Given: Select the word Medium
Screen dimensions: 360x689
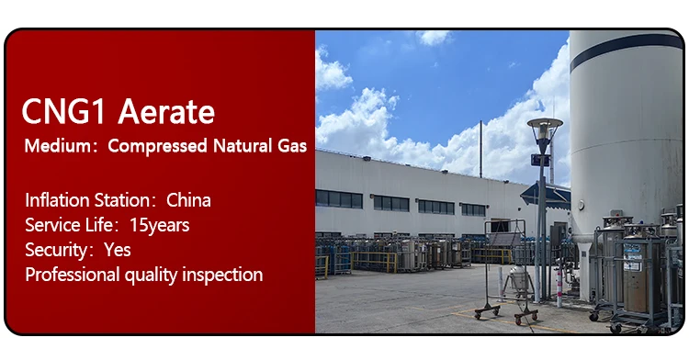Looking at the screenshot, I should pyautogui.click(x=55, y=146).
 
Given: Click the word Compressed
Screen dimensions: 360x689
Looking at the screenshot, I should pyautogui.click(x=156, y=146).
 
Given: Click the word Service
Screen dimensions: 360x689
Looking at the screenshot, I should pyautogui.click(x=51, y=225).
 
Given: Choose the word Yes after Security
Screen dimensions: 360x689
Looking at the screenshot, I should pyautogui.click(x=118, y=250).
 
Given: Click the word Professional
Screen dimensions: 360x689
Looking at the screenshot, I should pyautogui.click(x=72, y=275).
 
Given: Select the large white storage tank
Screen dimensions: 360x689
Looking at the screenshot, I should pyautogui.click(x=625, y=138).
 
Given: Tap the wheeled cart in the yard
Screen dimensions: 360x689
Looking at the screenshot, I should pyautogui.click(x=506, y=276).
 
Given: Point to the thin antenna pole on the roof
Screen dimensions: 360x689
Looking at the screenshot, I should pyautogui.click(x=480, y=147).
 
